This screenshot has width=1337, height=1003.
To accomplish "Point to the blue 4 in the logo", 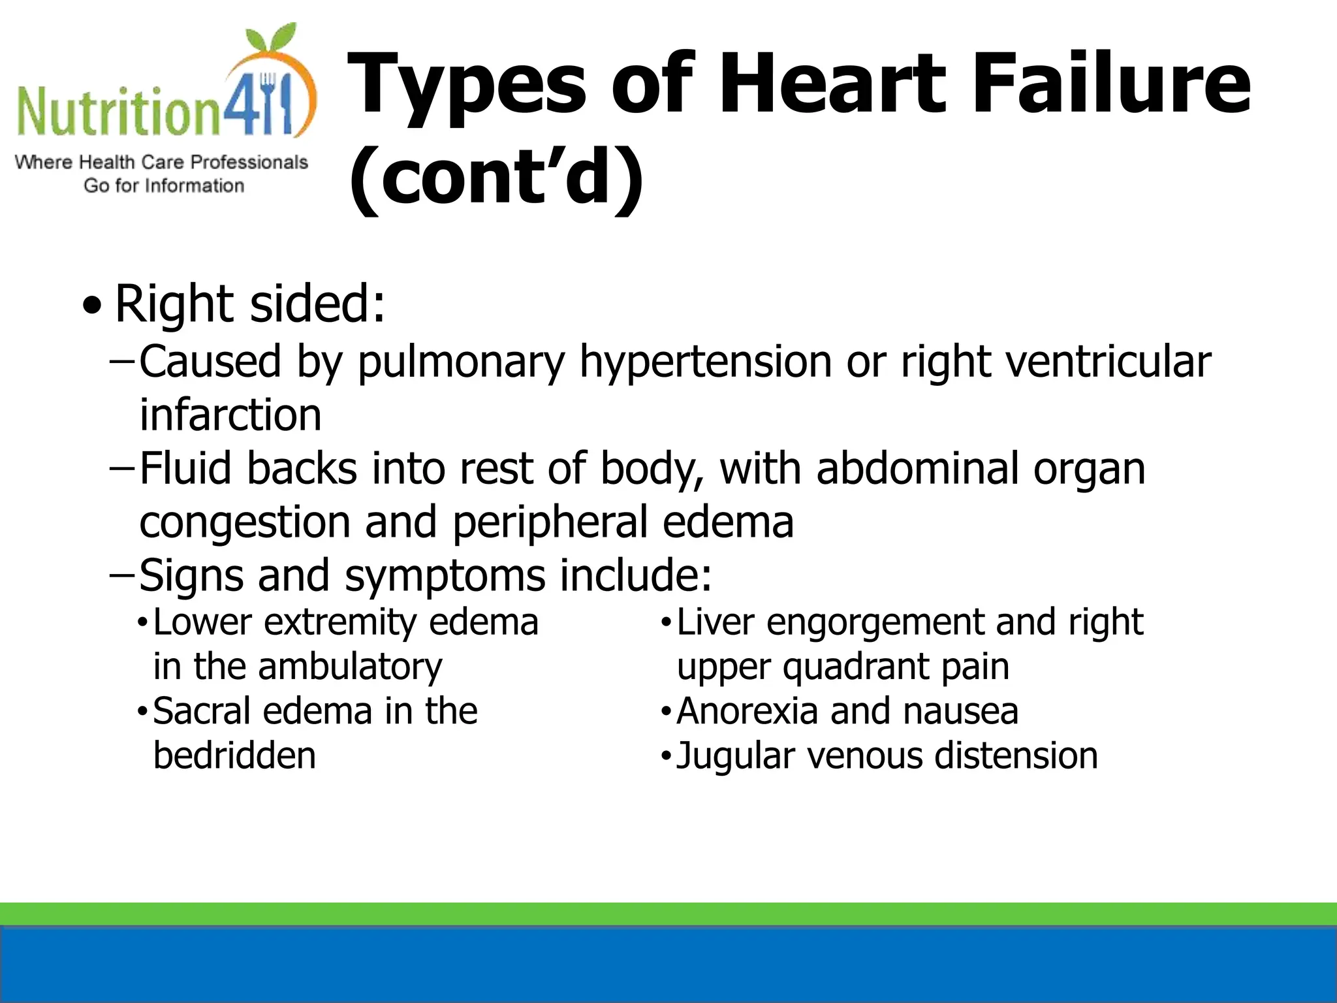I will [240, 104].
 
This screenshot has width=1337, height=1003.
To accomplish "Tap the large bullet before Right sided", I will [93, 305].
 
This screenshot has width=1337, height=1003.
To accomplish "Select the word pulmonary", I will [461, 363].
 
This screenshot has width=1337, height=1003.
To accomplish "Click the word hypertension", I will [705, 363].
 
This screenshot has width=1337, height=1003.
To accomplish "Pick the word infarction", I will [230, 415].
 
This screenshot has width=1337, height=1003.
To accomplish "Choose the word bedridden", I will [234, 756].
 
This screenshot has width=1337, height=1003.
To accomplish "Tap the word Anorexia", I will [746, 711].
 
